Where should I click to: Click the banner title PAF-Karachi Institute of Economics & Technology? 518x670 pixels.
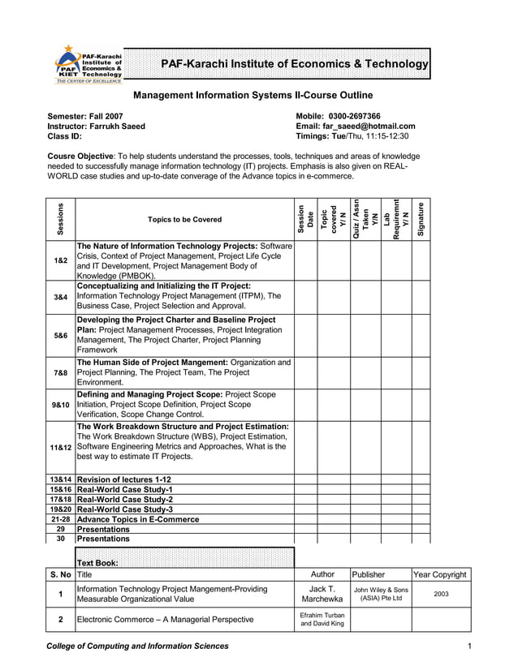[x=294, y=65]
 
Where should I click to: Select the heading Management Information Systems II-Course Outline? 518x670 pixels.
[x=253, y=96]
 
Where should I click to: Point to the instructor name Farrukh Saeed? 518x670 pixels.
[x=118, y=126]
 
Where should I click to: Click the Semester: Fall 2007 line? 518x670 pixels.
[x=85, y=116]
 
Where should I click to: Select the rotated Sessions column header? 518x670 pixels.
[x=61, y=219]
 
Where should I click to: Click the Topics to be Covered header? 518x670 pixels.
[x=184, y=220]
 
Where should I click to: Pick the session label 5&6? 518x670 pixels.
[x=61, y=335]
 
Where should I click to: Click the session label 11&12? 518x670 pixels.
[x=61, y=447]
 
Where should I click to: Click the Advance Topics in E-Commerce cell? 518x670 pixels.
[x=137, y=519]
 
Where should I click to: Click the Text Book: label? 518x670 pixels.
[x=97, y=562]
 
